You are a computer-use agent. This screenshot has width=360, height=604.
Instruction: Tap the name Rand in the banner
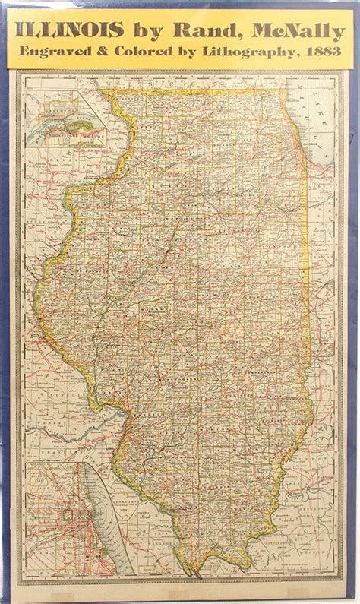(200, 30)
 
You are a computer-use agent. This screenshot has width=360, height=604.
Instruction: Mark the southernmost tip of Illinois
(202, 571)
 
